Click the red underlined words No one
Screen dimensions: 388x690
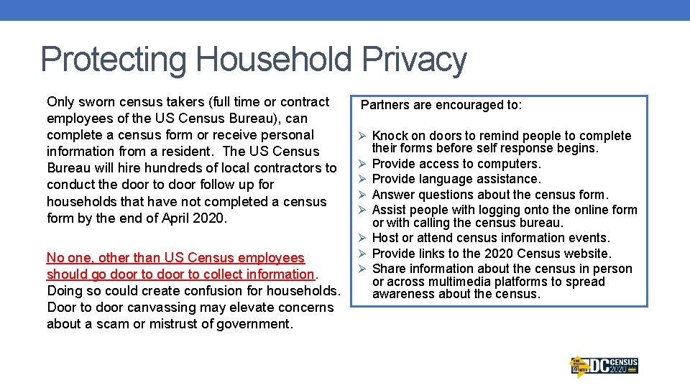[x=68, y=258]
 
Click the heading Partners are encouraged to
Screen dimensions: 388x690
[x=441, y=105]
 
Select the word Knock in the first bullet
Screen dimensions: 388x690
[x=390, y=137]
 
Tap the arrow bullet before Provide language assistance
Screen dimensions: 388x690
[x=363, y=179]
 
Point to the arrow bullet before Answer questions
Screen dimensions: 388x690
[x=363, y=195]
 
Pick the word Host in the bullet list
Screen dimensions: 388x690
[x=385, y=238]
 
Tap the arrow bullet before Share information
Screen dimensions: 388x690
[x=363, y=269]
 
